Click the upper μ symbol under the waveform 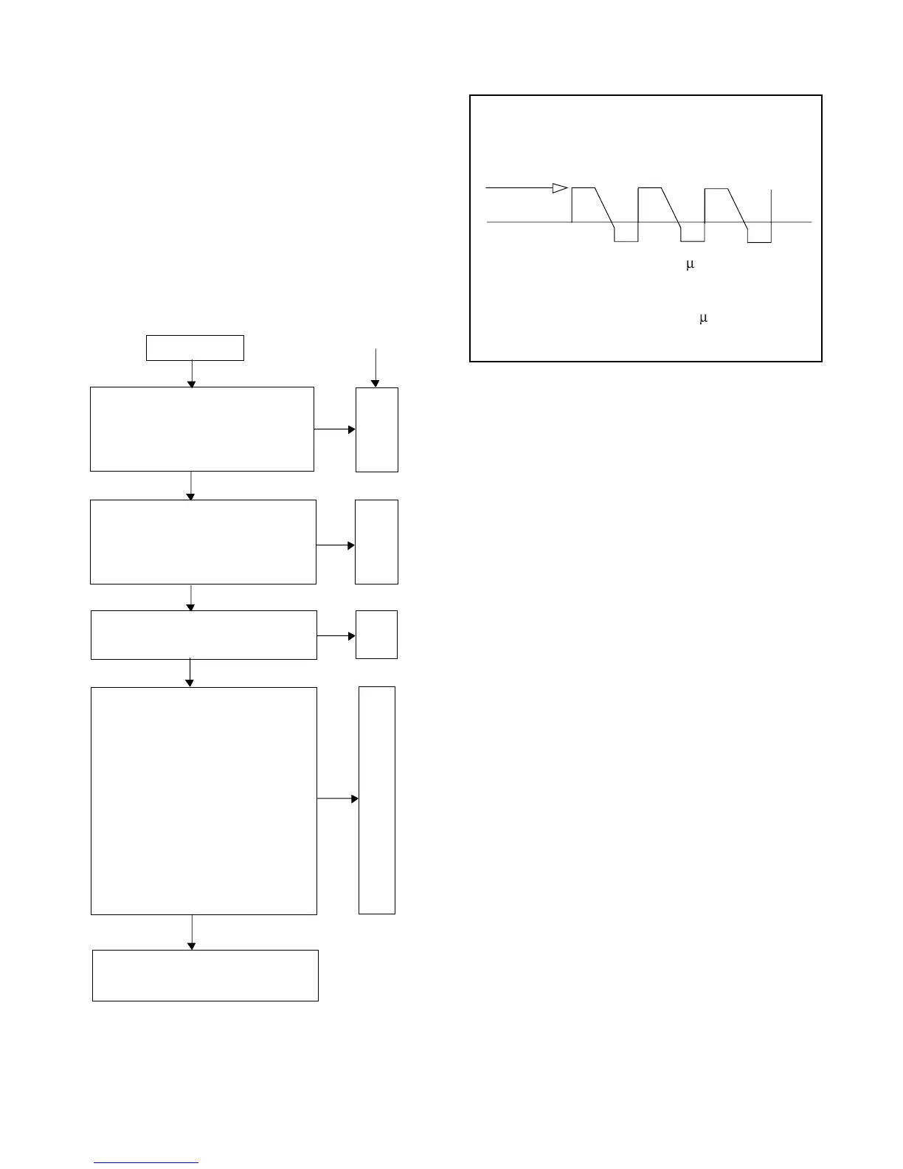(x=691, y=265)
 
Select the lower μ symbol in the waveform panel (x=703, y=318)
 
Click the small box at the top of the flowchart (x=195, y=348)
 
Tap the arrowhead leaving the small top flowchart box (x=192, y=383)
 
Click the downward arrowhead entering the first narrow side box (x=376, y=383)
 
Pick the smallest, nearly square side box (x=376, y=635)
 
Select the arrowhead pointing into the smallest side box (x=352, y=635)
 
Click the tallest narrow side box (x=377, y=800)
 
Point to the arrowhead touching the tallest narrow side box (x=355, y=799)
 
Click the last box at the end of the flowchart (x=205, y=975)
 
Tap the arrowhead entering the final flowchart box (x=192, y=945)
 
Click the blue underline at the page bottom (x=146, y=1163)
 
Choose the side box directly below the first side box (x=376, y=542)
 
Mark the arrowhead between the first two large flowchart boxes (x=191, y=497)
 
